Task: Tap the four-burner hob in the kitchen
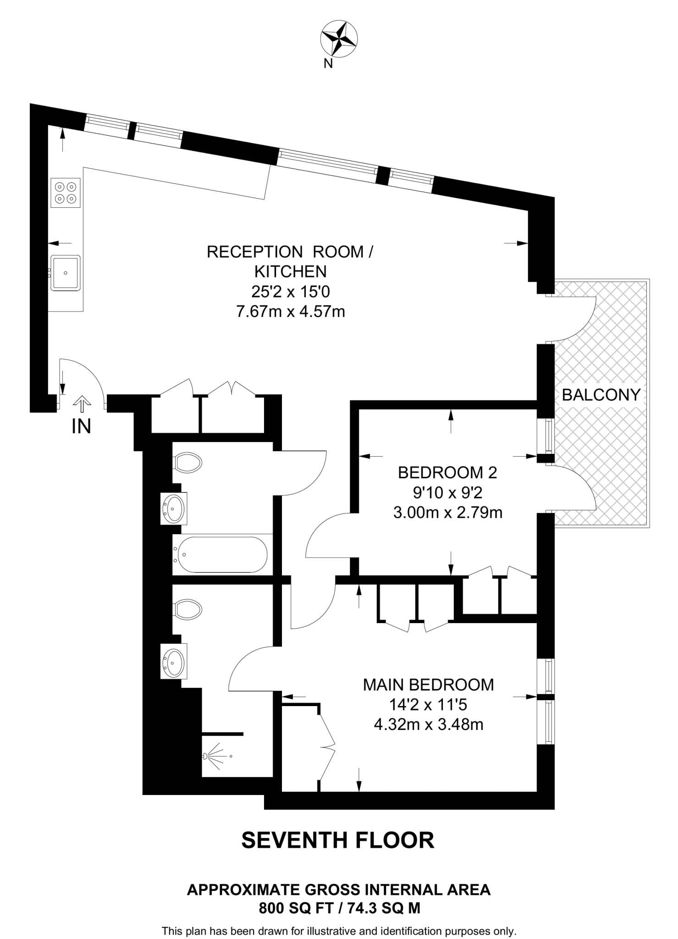click(65, 193)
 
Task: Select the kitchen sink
click(65, 273)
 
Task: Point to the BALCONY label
click(601, 395)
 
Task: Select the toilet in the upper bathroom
click(187, 463)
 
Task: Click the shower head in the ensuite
click(206, 756)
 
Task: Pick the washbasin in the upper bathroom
click(174, 508)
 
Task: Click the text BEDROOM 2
click(447, 472)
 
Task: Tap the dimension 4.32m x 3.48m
click(429, 724)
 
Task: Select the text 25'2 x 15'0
click(290, 292)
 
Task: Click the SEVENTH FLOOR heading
click(337, 840)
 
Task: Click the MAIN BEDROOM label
click(429, 685)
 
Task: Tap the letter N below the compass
click(328, 64)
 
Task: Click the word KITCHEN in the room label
click(290, 271)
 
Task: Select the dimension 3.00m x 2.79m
click(447, 512)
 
